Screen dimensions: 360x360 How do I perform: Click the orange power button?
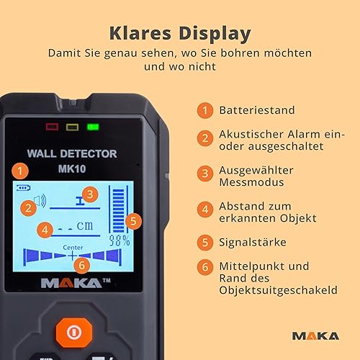point(74,333)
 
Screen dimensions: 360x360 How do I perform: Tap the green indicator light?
point(93,127)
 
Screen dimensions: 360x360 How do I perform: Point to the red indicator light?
point(52,127)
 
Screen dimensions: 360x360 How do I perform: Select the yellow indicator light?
point(72,127)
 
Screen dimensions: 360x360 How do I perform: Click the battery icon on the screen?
point(23,187)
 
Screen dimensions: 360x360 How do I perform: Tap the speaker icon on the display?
point(40,201)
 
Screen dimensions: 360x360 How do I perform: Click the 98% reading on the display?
point(120,240)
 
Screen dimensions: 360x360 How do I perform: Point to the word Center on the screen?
point(73,248)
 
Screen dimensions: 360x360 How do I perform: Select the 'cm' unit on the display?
point(85,225)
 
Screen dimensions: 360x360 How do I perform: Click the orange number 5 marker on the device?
point(133,221)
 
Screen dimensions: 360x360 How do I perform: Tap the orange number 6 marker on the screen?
point(82,266)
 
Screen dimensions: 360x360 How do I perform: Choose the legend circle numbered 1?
point(205,110)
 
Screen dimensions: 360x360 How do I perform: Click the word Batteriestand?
point(257,110)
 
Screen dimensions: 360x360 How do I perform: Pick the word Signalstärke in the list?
point(253,242)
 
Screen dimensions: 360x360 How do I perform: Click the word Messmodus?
point(251,182)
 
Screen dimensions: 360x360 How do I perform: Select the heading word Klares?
point(140,33)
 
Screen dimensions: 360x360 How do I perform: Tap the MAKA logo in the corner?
point(315,336)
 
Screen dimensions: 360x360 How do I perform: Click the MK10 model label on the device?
point(72,168)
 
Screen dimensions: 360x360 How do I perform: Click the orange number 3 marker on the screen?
point(90,194)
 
